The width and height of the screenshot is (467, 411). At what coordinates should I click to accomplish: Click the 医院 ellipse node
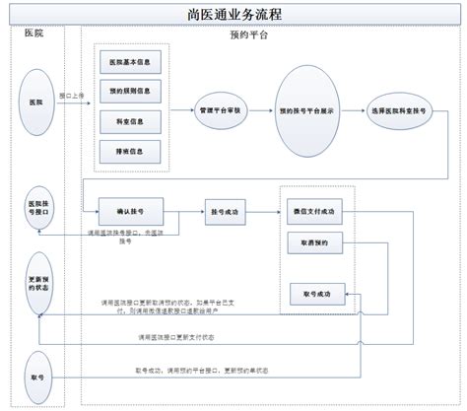tap(36, 103)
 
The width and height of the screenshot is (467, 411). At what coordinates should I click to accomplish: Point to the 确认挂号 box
tap(131, 212)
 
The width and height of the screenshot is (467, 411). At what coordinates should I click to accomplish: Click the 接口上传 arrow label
tap(71, 97)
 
